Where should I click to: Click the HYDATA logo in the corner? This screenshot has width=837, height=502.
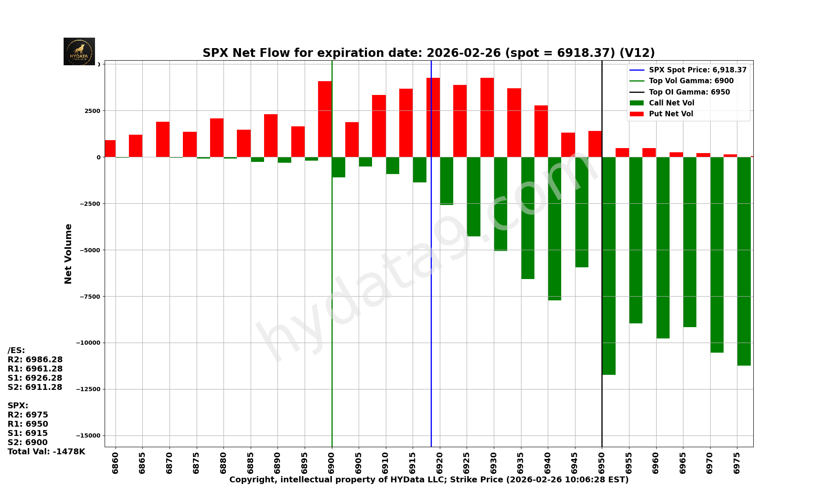point(79,51)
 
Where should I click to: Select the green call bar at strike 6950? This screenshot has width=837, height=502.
point(609,266)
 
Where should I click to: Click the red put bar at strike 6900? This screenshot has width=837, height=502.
point(325,119)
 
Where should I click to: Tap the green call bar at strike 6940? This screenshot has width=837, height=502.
point(555,228)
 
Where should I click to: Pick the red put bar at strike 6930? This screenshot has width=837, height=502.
point(487,118)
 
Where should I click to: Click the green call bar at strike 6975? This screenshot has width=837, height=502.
point(744,261)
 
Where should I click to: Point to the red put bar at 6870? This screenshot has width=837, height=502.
point(163,139)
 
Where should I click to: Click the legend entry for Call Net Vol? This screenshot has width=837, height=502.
point(671,103)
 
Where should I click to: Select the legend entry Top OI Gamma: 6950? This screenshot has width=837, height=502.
point(689,92)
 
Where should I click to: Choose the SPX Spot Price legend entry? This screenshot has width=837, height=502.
point(697,70)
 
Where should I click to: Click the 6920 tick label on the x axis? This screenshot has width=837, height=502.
point(440,463)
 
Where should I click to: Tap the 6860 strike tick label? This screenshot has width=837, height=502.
point(116,463)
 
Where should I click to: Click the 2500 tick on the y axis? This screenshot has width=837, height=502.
point(93,111)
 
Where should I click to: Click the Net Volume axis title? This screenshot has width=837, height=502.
point(68,254)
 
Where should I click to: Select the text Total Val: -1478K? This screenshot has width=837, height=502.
point(46,452)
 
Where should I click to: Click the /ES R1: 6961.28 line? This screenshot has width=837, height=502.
point(35,369)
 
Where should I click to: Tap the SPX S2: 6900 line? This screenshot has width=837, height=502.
point(28,443)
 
